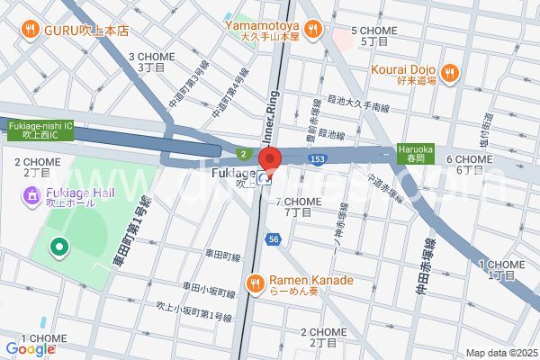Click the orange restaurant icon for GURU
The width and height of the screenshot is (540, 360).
pos(31,30)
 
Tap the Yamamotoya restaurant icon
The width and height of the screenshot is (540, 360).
pos(313,30)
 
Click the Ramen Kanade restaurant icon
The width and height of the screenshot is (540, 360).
pos(255,285)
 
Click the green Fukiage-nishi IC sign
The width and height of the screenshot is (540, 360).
pos(40,130)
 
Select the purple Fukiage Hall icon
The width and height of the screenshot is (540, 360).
pos(31,193)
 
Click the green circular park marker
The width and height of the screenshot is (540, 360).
pos(58,246)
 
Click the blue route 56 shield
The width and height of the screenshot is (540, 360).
pos(273,239)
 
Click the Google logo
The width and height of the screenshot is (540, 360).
pos(30,349)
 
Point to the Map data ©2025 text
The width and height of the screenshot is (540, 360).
pos(500,353)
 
